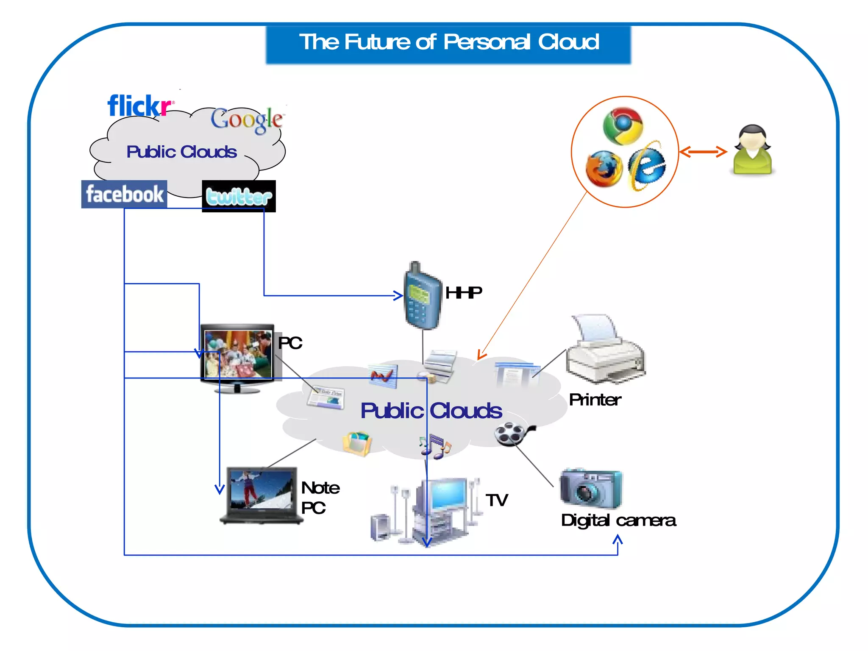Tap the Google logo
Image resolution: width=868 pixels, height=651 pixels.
coord(247,120)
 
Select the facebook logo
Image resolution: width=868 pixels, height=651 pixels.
coord(124,195)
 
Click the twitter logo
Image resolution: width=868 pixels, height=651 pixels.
coord(239,197)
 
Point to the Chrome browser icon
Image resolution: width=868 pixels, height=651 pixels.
coord(623,125)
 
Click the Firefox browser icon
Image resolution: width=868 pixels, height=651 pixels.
coord(604,168)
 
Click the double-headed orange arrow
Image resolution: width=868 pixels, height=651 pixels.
coord(703,152)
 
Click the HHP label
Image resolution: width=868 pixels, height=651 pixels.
coord(463,292)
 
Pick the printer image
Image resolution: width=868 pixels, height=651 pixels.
coord(605,350)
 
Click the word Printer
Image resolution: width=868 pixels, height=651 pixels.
coord(595,400)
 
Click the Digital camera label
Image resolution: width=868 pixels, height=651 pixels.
coord(618,520)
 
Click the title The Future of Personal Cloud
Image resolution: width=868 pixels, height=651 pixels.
coord(448,42)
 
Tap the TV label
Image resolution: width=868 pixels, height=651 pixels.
coord(496,500)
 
